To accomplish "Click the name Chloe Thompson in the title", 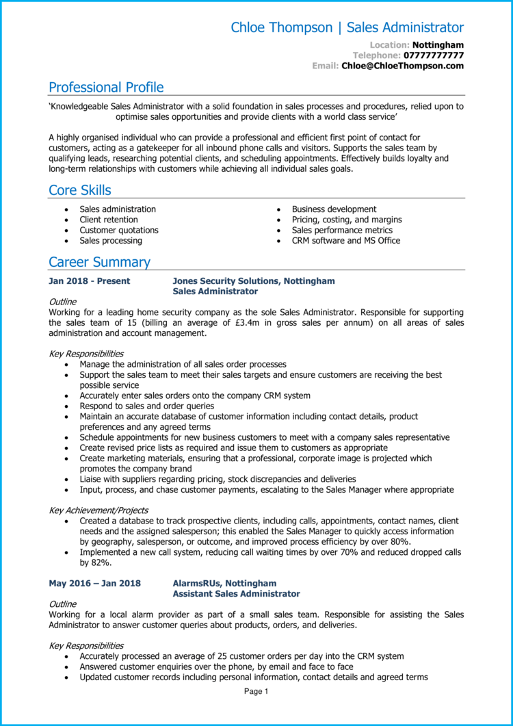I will tap(281, 28).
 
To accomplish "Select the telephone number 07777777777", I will tap(434, 55).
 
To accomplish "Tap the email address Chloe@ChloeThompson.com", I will tap(402, 66).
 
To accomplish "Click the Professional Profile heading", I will tap(106, 88).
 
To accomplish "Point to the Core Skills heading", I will tap(80, 190).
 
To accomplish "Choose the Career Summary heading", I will tap(99, 262).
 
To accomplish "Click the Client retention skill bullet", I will tap(109, 220).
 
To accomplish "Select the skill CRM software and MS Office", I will tap(346, 241).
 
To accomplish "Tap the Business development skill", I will tap(334, 209).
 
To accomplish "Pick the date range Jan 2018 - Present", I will tap(89, 281).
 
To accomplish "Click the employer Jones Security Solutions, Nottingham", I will tap(254, 281).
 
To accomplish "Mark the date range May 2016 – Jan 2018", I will tap(94, 584).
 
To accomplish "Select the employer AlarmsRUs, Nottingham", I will tap(224, 584).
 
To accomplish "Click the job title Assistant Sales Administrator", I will tap(236, 594).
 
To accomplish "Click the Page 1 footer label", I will tap(256, 692).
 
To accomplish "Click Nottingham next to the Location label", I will tap(438, 45).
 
